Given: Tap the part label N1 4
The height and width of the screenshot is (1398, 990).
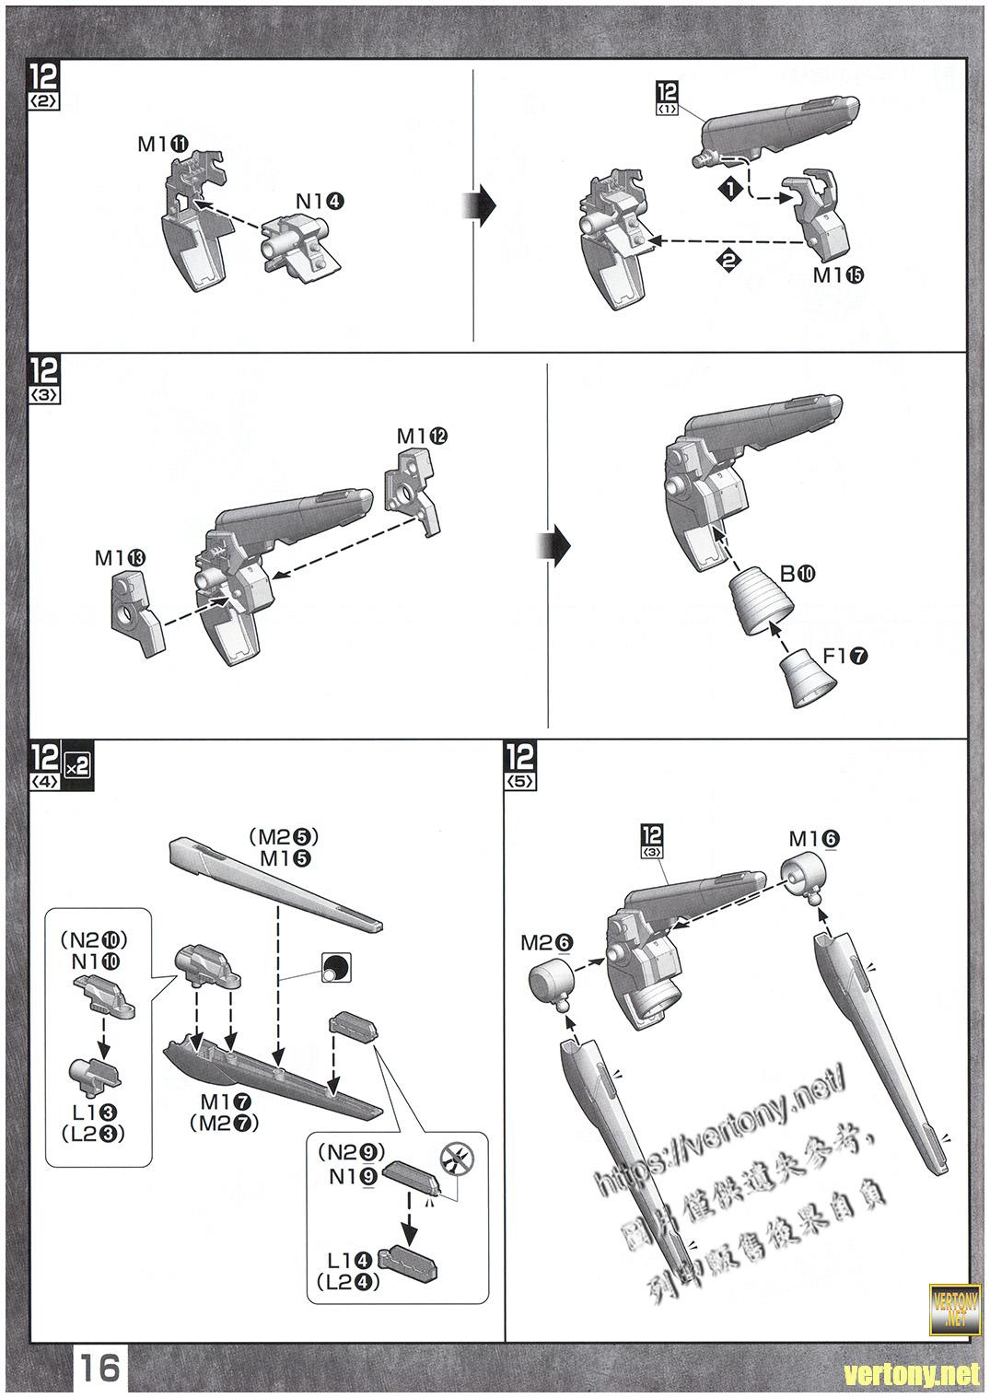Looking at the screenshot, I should [320, 201].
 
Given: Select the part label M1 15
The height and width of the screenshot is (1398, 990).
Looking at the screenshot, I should [838, 275].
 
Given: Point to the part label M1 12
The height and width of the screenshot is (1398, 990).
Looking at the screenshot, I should [422, 436].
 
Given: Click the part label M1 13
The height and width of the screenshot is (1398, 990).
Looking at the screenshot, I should [120, 558].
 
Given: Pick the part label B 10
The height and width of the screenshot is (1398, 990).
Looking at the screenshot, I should [797, 574].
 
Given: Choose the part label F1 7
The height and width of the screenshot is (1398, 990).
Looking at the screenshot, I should [844, 657].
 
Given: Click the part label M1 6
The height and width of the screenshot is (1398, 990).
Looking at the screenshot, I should [813, 839].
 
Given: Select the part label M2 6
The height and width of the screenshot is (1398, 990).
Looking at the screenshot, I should [546, 942].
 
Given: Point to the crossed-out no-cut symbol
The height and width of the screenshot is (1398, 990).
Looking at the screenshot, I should [452, 1161].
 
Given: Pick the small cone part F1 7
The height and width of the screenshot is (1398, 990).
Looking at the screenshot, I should [809, 681].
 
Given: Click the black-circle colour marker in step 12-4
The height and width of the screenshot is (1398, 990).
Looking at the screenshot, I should [333, 968].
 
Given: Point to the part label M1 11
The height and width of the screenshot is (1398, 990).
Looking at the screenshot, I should [163, 144].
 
